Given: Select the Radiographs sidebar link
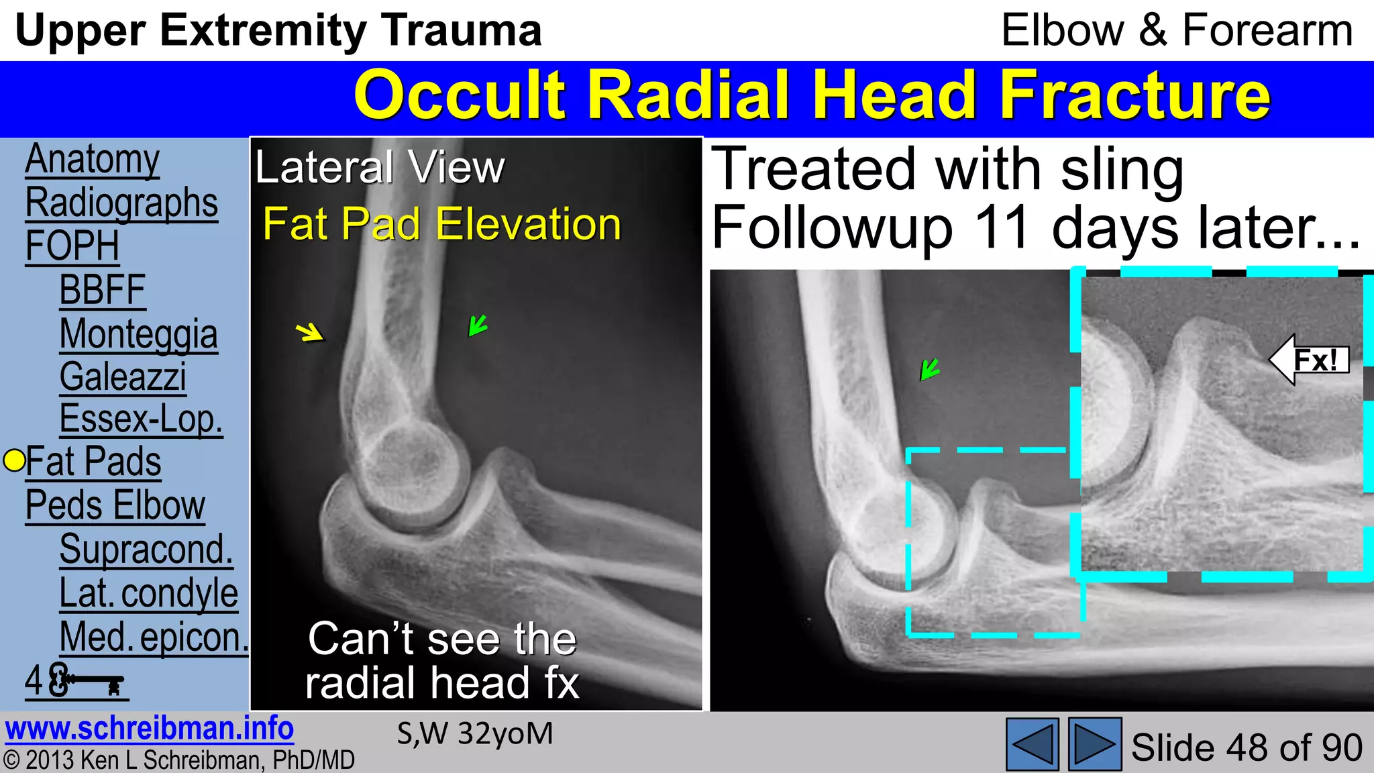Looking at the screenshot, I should coord(121,203).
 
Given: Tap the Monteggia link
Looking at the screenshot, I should coord(138,334).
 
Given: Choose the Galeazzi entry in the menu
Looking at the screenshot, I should coord(123,377).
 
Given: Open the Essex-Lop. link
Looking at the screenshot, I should coord(141,419).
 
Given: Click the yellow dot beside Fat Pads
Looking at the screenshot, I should coord(14,461).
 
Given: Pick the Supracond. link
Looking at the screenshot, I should coord(146,550).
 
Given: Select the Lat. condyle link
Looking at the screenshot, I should coord(148,593).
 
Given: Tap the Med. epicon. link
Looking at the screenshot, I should coord(154,637).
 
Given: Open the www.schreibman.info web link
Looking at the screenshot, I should coord(149,729).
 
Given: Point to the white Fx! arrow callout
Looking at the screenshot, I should coord(1309,360).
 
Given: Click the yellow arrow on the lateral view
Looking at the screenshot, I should coord(310,331).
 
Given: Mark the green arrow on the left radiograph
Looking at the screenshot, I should coord(478,325).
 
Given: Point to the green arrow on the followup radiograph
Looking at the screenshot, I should coord(930,369).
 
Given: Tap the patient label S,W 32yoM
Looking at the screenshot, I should coord(475,733).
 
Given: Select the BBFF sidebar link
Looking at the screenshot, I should coord(102,291).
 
